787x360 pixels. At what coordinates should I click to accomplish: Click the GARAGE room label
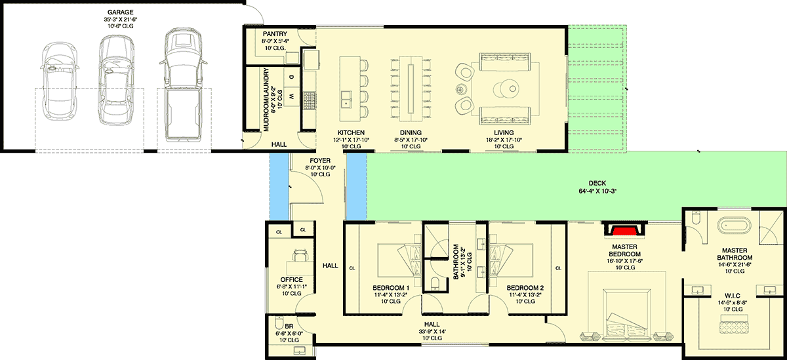[121, 12]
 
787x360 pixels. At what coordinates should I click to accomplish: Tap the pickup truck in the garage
[183, 85]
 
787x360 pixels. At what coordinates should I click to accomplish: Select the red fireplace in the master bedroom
[624, 231]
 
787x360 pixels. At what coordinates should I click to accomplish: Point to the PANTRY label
[275, 33]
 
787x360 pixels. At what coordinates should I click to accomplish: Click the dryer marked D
[291, 77]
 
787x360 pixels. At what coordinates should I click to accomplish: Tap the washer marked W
[291, 96]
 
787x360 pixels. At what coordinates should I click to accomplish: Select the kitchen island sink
[346, 99]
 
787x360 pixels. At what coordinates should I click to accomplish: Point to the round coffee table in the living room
[506, 89]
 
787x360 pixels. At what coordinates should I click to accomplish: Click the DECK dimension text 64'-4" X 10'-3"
[597, 191]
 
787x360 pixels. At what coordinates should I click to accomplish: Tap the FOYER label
[320, 161]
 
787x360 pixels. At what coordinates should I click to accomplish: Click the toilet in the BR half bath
[279, 322]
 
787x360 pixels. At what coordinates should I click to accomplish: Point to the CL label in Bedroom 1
[352, 268]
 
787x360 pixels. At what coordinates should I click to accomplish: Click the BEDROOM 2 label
[525, 288]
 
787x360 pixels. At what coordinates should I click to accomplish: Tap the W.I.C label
[733, 296]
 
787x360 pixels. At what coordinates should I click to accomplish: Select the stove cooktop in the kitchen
[309, 101]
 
